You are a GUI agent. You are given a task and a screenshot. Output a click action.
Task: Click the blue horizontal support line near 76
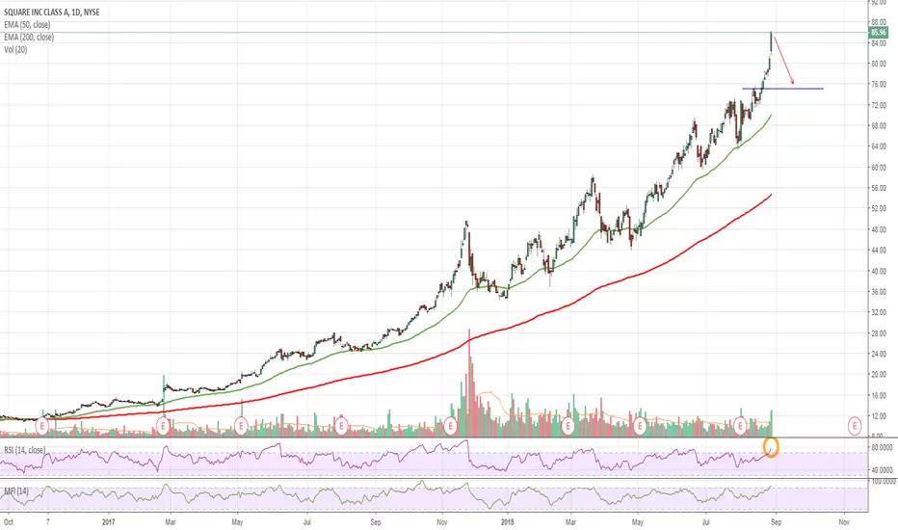point(782,89)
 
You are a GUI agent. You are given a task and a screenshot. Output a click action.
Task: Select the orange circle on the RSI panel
point(771,447)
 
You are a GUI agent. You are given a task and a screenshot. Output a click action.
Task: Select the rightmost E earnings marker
point(854,424)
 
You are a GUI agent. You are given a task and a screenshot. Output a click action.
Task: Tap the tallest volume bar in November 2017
point(469,385)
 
